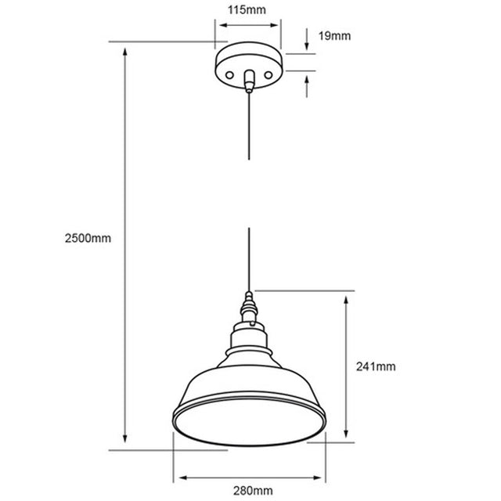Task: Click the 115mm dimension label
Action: (x=247, y=10)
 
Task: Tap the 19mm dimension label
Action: (x=334, y=36)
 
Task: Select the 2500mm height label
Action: (x=88, y=238)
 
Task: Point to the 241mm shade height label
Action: (x=376, y=366)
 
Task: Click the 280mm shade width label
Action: (x=253, y=491)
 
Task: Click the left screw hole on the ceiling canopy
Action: (x=229, y=75)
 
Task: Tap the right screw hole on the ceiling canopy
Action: (x=269, y=75)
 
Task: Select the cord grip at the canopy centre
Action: (x=249, y=81)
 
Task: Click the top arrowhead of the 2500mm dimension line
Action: (x=125, y=52)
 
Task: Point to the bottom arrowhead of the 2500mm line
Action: (x=125, y=438)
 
